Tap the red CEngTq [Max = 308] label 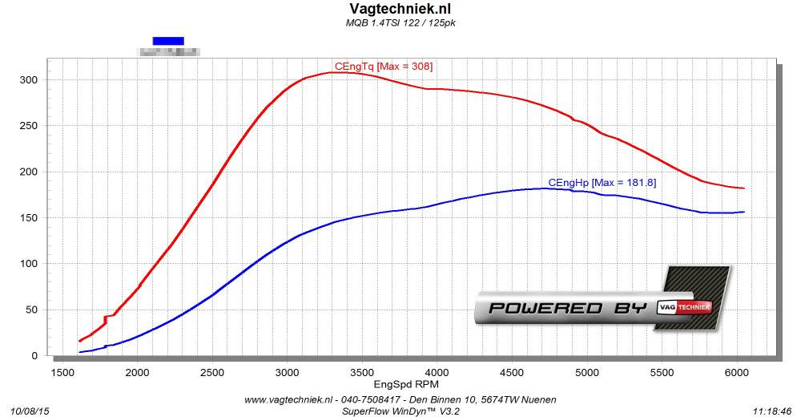pos(384,66)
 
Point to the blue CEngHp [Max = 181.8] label pos(602,183)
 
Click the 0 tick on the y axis pos(33,356)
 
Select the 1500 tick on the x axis pos(63,373)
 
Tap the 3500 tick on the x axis pos(362,373)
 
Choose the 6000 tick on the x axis pos(736,373)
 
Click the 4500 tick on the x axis pos(512,373)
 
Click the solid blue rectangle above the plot pos(168,40)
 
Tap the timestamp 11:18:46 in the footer pos(772,411)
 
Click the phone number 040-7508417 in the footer pos(367,399)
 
